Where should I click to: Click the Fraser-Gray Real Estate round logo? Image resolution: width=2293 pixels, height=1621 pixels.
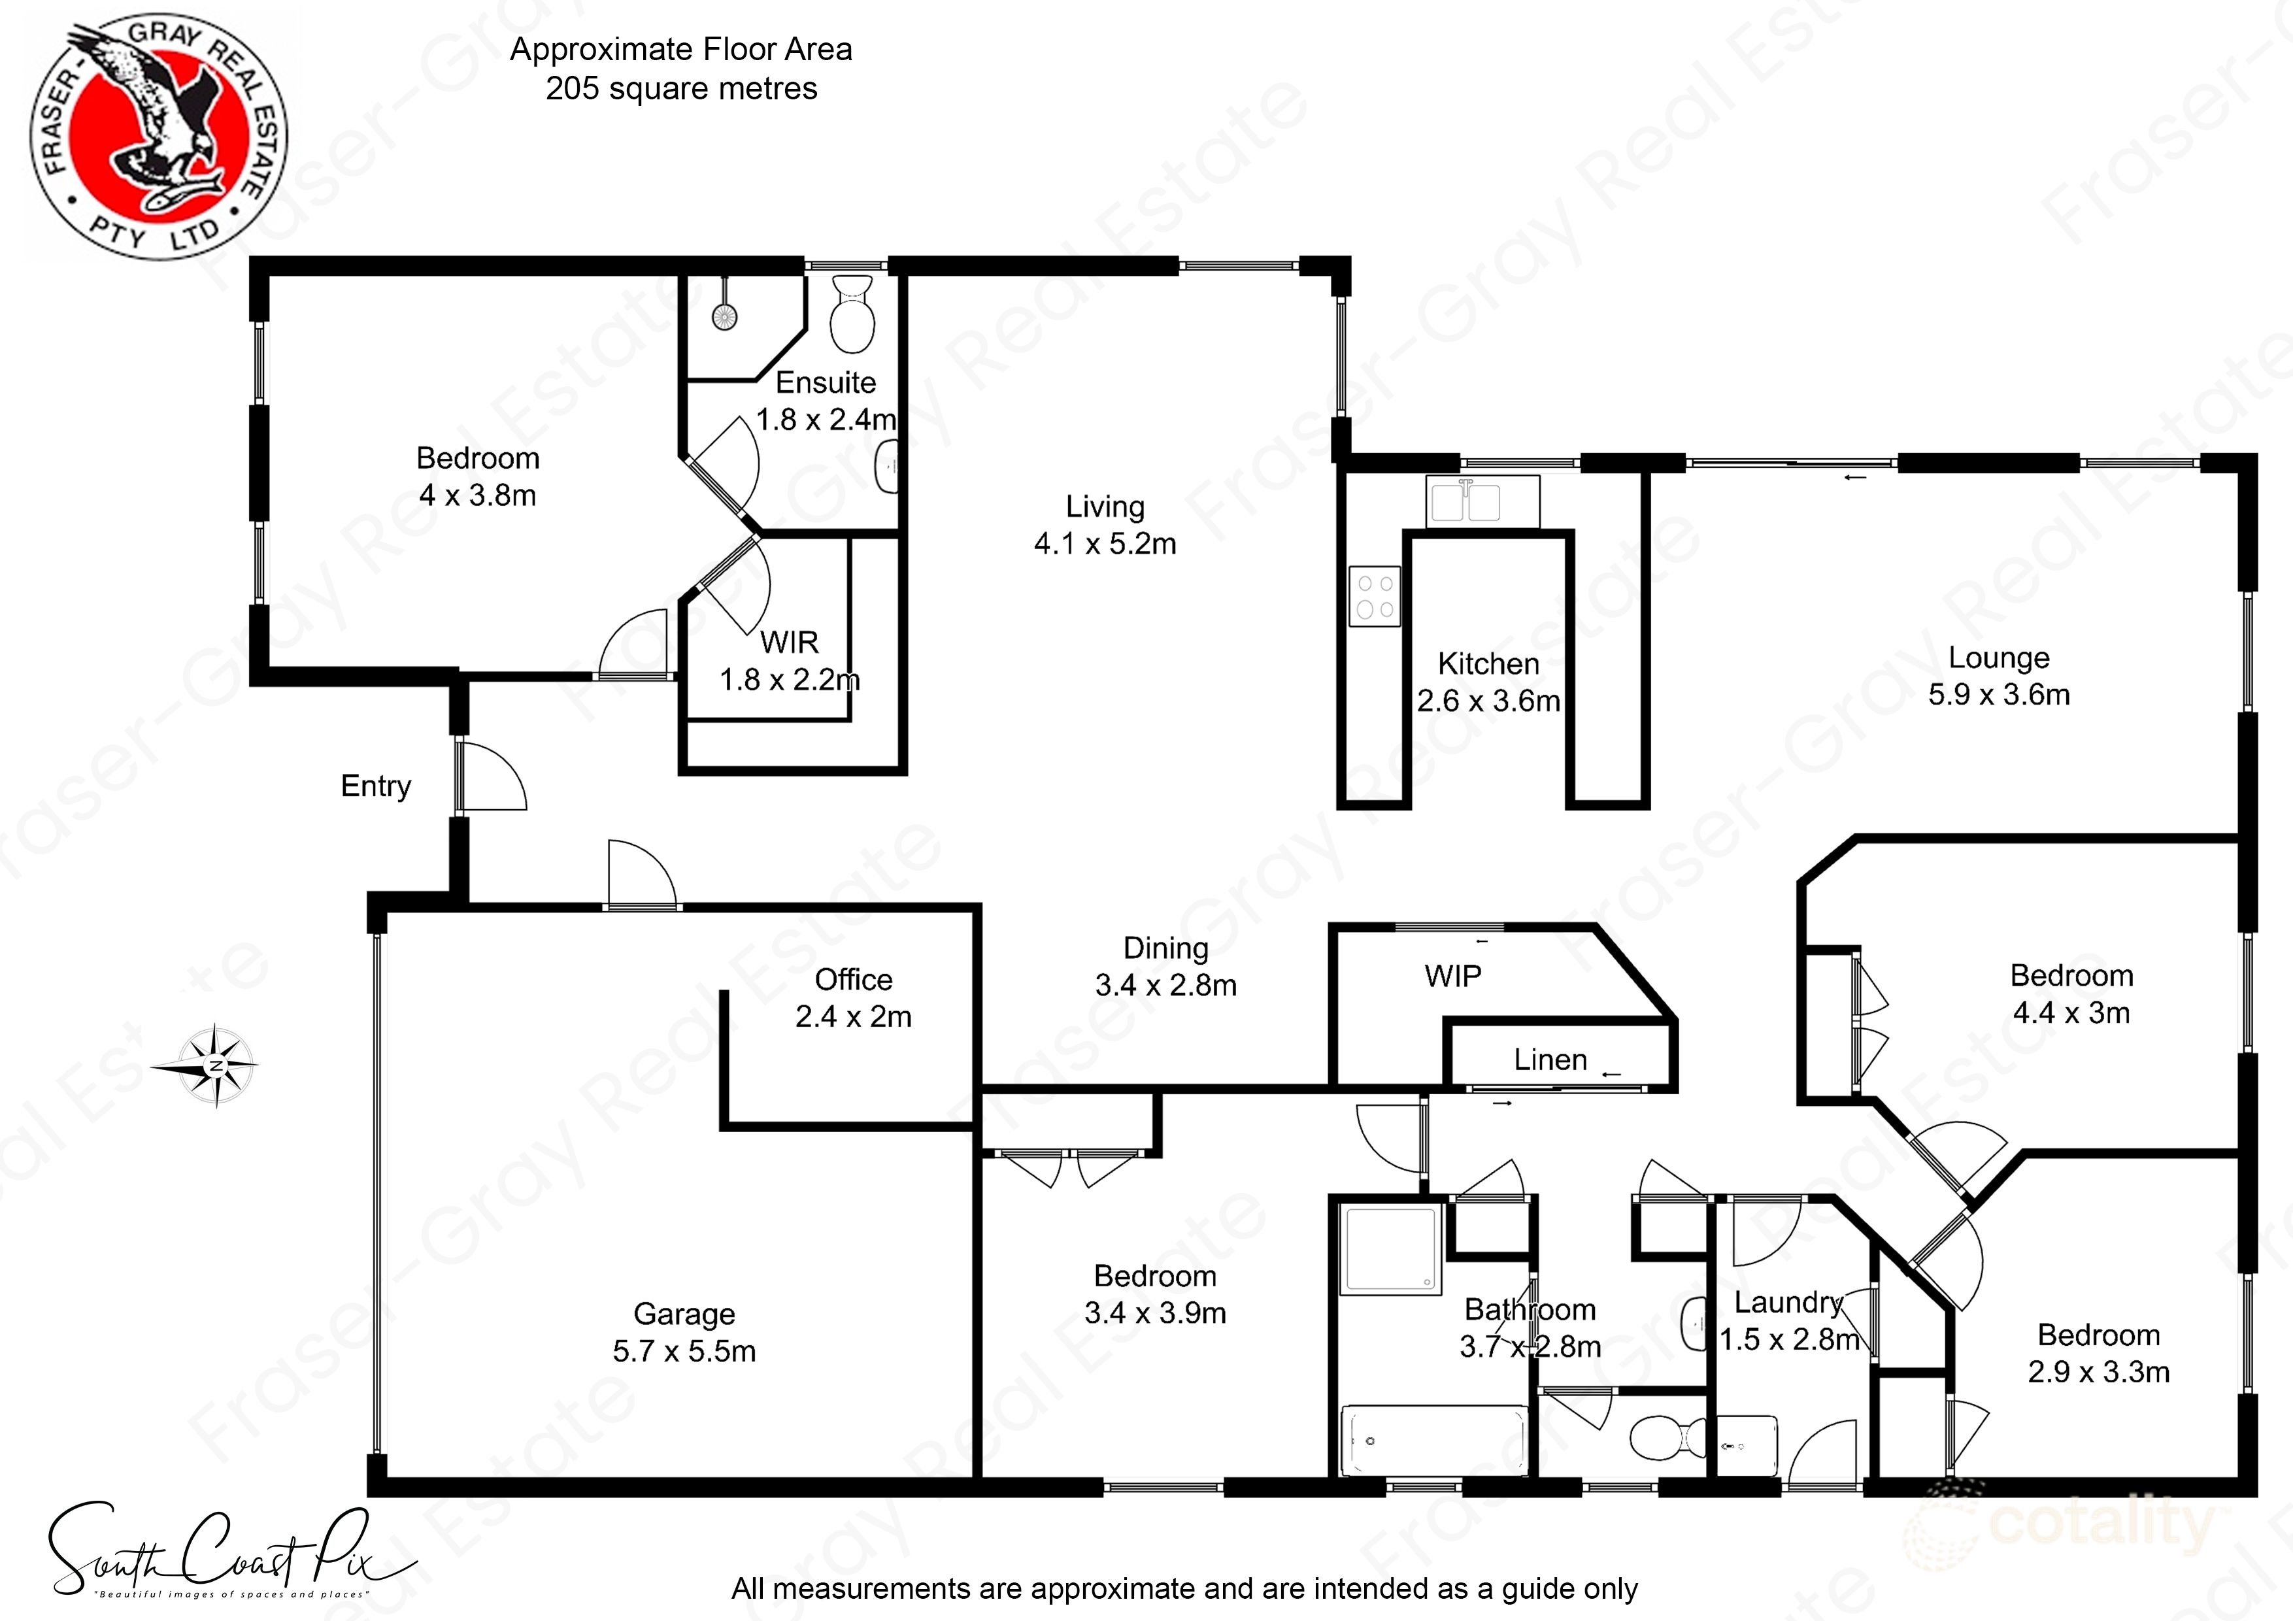click(158, 137)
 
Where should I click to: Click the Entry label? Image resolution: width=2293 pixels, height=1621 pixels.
click(375, 786)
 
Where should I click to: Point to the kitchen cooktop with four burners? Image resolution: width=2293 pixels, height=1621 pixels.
click(1374, 596)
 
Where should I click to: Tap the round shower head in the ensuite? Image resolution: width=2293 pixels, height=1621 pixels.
click(724, 316)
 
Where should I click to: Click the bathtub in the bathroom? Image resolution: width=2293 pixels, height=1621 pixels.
click(1433, 1439)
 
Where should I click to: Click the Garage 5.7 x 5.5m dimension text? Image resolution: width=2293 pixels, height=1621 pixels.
click(684, 1351)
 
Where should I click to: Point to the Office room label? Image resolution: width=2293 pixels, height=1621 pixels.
click(853, 980)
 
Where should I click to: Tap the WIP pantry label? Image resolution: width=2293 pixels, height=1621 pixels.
click(1453, 976)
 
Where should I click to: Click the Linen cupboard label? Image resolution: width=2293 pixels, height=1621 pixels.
click(1550, 1060)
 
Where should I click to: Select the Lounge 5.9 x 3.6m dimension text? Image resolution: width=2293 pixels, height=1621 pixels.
click(1998, 694)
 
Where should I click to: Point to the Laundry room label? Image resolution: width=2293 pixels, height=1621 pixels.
click(1788, 1303)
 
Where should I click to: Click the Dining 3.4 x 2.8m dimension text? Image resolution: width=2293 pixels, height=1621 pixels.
click(1165, 986)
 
